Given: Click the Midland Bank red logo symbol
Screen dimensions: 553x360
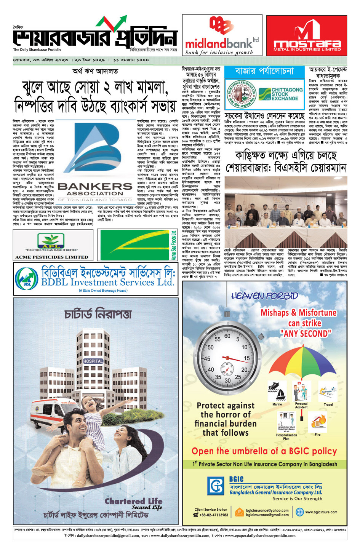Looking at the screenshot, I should click(221, 26).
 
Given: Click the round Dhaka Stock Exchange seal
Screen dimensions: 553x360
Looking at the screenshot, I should click(240, 94).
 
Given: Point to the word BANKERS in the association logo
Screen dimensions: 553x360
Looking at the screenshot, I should click(95, 186).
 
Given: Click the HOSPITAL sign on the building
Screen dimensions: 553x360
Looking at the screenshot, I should click(93, 361).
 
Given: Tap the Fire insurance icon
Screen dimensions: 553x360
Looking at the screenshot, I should click(318, 423).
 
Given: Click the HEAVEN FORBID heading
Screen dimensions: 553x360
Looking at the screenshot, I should click(265, 296).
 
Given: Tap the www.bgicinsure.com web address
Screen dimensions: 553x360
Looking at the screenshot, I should click(321, 512).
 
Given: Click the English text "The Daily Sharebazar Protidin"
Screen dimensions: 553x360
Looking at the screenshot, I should click(37, 50).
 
